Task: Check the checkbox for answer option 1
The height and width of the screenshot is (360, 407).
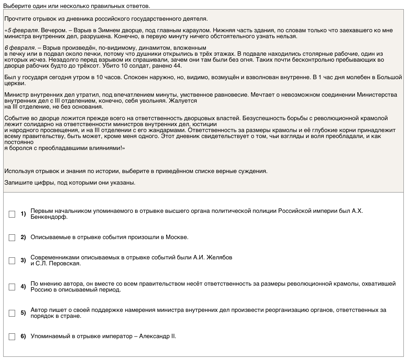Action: point(12,214)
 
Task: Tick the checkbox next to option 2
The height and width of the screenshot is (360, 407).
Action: point(12,237)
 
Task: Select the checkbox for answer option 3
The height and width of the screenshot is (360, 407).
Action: point(12,261)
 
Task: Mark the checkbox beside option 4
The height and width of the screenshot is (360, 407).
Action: point(12,287)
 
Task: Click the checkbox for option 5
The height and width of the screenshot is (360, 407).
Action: point(12,313)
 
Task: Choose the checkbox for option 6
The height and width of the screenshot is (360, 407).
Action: point(12,337)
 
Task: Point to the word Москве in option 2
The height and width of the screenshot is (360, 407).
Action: point(176,237)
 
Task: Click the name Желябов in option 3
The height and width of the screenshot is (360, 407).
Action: point(219,257)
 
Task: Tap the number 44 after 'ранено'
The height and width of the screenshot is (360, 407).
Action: point(178,66)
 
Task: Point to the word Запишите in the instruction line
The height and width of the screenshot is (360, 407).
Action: point(16,183)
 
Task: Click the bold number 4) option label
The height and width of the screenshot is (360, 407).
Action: point(23,286)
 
